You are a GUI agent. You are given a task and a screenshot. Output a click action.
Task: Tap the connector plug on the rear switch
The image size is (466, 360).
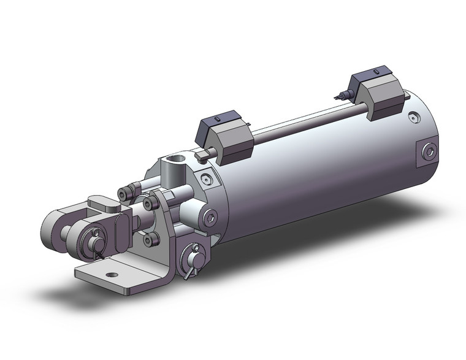tap(340, 95)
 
